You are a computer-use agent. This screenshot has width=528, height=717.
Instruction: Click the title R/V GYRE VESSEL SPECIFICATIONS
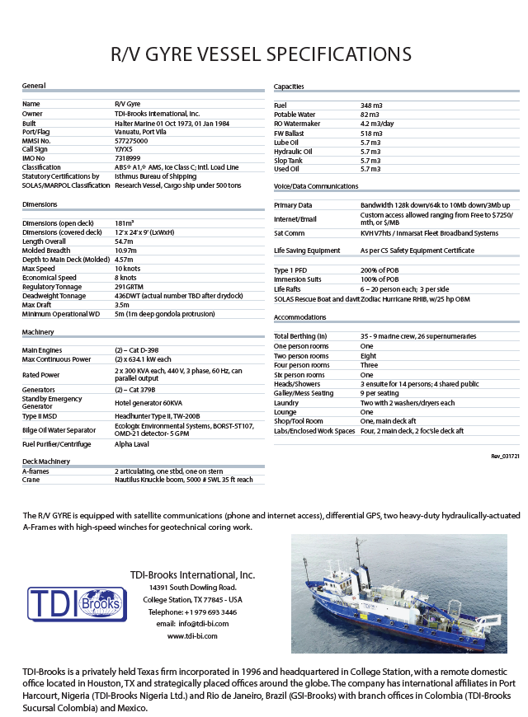tap(262, 54)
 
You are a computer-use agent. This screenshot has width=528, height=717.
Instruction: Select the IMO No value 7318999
tap(128, 157)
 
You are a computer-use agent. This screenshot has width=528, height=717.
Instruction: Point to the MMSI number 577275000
tap(133, 140)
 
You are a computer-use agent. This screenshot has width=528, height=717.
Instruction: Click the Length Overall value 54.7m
tap(124, 241)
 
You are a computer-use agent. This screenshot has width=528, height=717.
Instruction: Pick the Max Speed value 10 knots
tap(128, 269)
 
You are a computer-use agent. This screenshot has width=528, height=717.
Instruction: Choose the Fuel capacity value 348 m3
tap(371, 105)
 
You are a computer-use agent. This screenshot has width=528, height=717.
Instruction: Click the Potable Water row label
tap(295, 115)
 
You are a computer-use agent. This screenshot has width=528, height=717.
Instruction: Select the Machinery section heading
tap(39, 332)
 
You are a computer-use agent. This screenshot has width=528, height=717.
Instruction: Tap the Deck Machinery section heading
tap(46, 462)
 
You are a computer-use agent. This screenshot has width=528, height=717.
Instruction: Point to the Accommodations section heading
tap(301, 317)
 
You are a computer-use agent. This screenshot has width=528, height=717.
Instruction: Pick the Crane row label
tap(31, 480)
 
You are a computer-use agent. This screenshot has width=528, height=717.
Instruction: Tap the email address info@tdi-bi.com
tap(192, 624)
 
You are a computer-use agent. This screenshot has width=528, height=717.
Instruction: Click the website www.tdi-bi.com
tap(192, 636)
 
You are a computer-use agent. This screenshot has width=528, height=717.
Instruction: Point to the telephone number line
tap(192, 612)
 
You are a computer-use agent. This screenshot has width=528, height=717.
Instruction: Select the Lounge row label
tap(285, 412)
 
